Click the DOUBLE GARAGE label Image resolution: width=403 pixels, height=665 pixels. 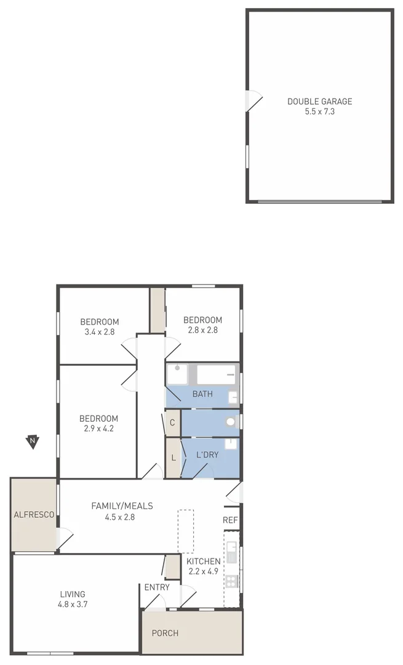pos(319,102)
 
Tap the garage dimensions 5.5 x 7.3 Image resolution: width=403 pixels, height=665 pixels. pos(319,112)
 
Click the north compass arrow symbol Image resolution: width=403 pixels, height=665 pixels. pos(32,441)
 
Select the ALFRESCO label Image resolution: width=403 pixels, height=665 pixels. pos(34,514)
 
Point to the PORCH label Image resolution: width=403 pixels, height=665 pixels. pos(165,633)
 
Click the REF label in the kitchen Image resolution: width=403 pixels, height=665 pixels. pos(230,520)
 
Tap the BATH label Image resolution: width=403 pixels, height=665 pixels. pos(202,394)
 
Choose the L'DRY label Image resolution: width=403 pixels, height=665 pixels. pos(207,455)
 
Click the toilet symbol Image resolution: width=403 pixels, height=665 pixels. pos(231,422)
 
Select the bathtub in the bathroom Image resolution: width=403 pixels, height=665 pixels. pos(216,374)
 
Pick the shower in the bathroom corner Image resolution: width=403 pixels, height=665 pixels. pos(178,374)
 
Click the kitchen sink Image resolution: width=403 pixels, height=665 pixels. pos(231,552)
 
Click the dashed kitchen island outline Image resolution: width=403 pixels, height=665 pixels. pos(185,531)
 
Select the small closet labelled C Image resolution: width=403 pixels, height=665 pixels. pos(172,423)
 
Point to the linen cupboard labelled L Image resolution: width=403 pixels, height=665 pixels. pos(174,457)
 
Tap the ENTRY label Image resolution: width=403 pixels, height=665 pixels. pos(157,587)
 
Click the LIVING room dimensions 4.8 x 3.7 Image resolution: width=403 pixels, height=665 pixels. pos(73,605)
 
